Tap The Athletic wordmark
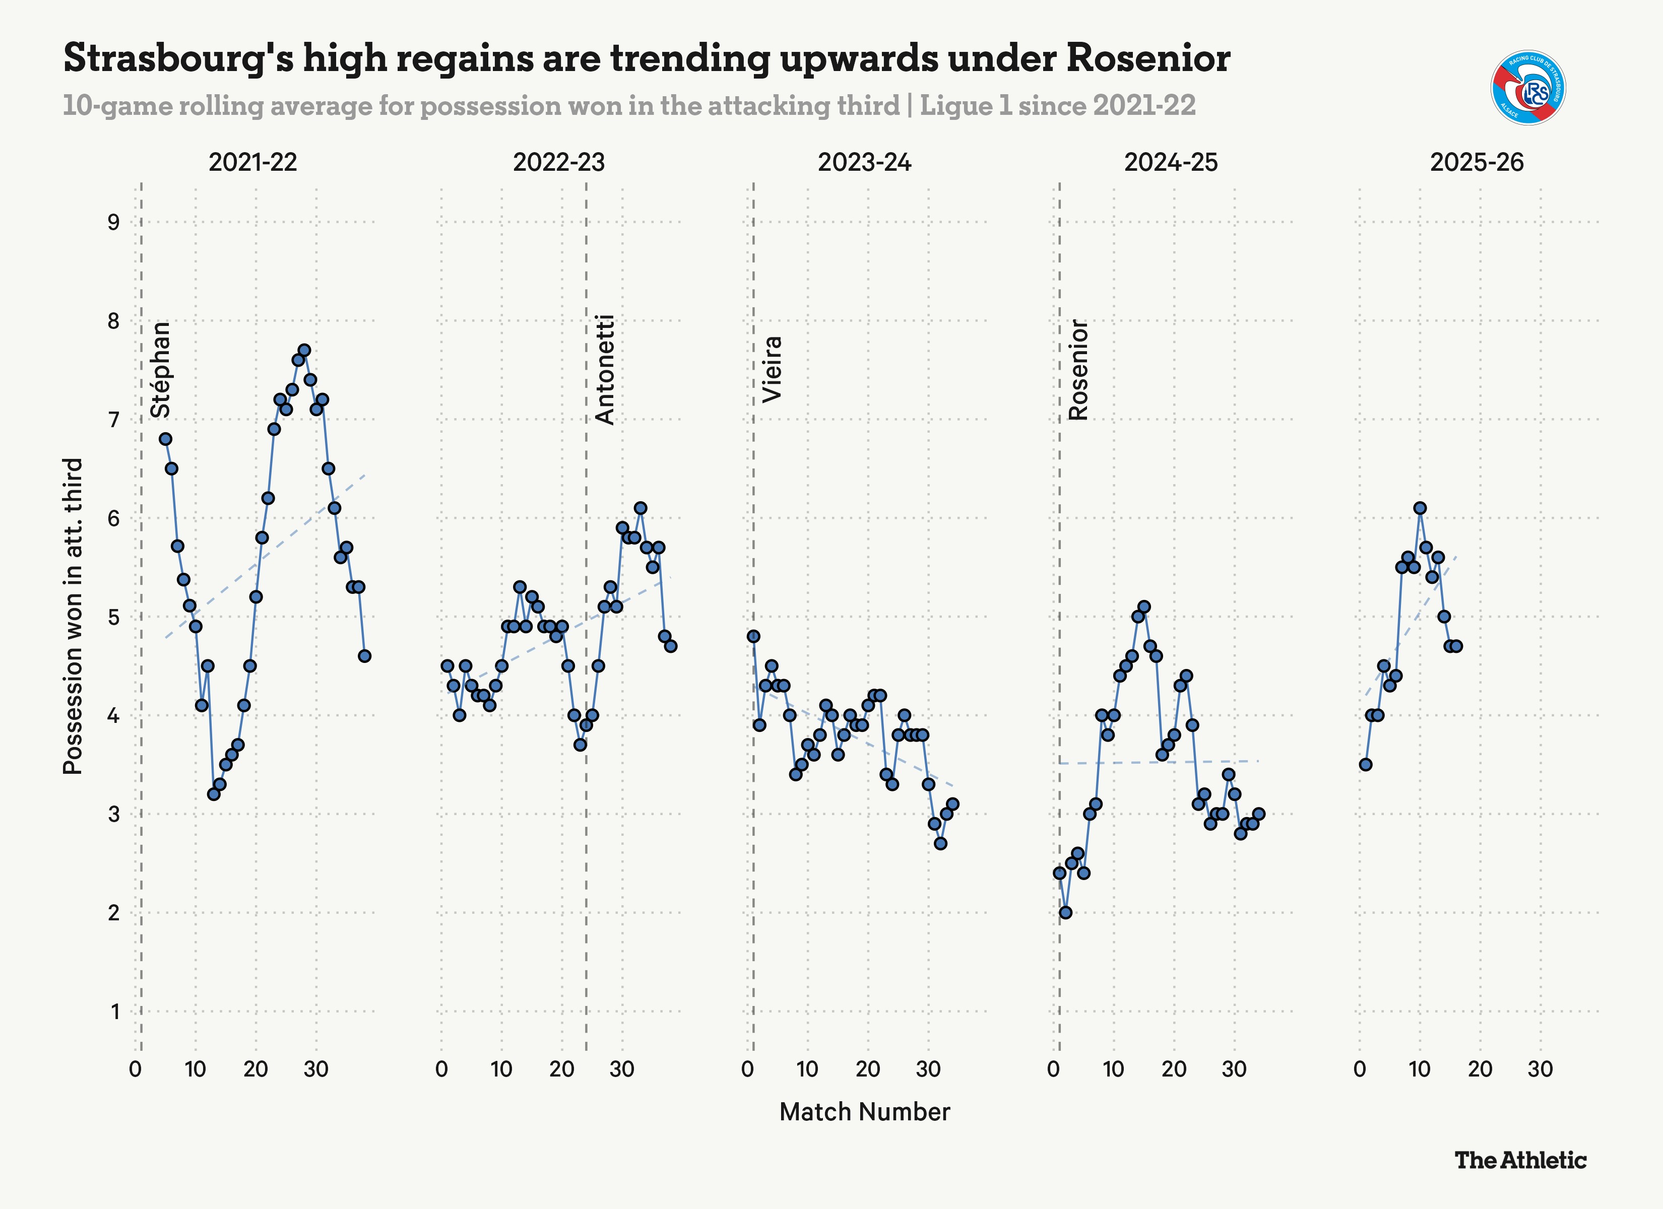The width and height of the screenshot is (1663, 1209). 1520,1160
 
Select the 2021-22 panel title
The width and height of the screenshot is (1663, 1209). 253,162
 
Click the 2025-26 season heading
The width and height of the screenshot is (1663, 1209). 1477,162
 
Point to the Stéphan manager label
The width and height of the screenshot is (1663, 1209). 161,370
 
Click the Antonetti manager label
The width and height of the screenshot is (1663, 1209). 605,370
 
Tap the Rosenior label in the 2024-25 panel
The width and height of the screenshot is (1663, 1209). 1078,370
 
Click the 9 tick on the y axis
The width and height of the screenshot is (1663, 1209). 114,222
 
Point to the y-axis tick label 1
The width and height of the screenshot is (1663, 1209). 115,1012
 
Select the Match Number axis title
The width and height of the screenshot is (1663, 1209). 864,1111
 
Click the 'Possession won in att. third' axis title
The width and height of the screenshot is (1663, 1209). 73,616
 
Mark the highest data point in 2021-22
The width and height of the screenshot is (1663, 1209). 304,351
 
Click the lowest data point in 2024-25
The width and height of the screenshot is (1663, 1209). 1065,913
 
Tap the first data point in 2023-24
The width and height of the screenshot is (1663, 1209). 753,636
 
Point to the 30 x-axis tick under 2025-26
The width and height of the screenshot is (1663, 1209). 1540,1069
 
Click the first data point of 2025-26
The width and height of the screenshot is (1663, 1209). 1365,765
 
